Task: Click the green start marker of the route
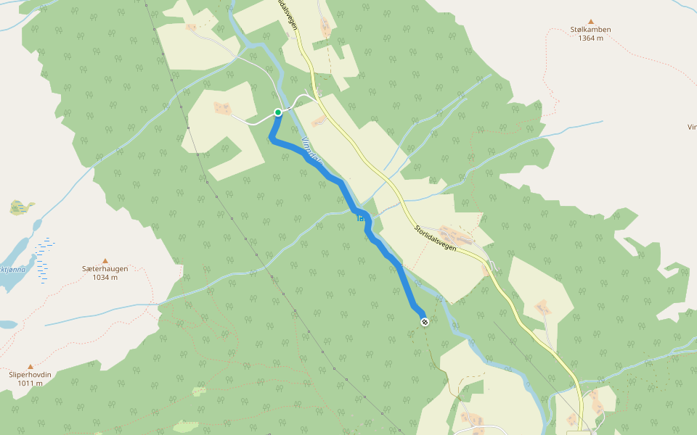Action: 277,112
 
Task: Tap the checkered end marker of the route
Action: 424,322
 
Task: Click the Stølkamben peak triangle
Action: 590,22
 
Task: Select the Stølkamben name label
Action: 590,30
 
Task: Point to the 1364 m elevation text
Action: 590,38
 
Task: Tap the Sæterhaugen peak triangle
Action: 105,261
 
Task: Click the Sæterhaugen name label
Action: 105,269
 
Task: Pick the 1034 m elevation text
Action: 105,278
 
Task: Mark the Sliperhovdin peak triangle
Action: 30,367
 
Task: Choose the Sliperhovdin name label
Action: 30,375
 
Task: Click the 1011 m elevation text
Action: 30,384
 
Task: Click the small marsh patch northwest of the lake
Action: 22,208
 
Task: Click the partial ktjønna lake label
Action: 13,269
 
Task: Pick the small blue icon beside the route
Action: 360,217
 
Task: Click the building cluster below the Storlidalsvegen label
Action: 456,236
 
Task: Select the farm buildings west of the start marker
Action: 222,108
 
